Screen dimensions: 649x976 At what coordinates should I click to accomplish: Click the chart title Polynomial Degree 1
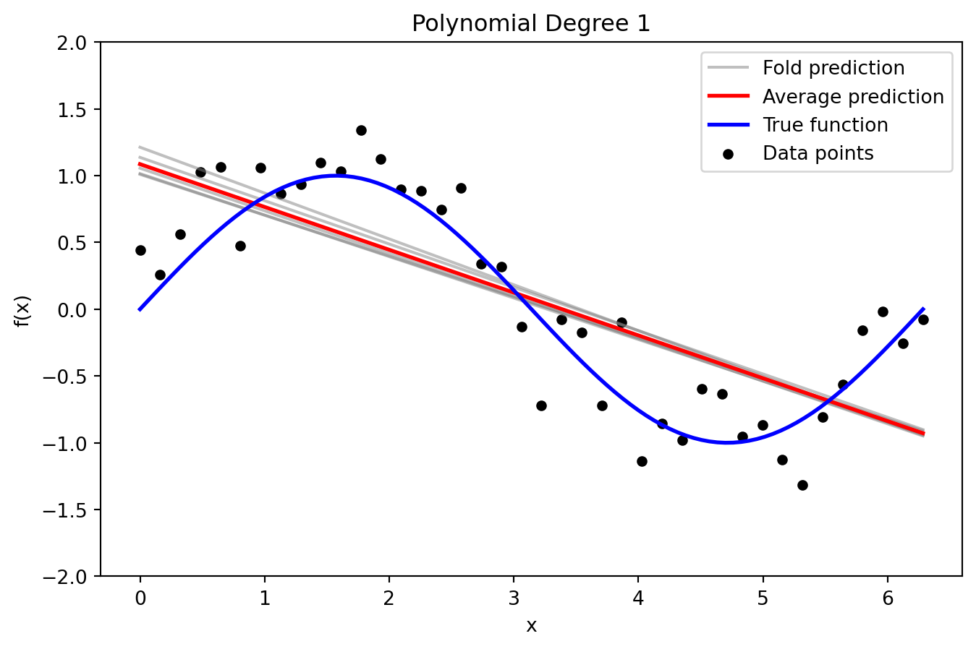click(531, 24)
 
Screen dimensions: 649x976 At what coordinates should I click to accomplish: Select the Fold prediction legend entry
click(833, 68)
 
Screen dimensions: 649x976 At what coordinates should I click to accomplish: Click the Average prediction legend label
click(853, 97)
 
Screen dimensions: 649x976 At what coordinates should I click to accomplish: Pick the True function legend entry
click(825, 125)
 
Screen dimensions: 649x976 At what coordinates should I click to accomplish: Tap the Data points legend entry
click(818, 153)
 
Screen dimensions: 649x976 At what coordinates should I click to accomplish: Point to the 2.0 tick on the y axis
click(75, 43)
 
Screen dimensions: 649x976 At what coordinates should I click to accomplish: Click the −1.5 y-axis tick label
click(70, 510)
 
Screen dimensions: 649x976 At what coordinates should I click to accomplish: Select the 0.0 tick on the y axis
click(75, 310)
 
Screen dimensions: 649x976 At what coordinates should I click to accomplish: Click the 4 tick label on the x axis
click(638, 598)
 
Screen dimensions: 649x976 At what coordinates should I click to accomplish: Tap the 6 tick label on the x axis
click(887, 598)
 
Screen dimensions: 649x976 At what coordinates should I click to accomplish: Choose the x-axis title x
click(531, 626)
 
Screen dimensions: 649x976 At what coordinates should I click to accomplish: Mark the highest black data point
click(361, 131)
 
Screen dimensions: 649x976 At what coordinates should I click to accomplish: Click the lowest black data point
click(802, 485)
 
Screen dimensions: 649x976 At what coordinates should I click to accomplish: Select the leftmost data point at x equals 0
click(140, 250)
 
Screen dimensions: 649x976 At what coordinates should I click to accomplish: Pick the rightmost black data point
click(923, 319)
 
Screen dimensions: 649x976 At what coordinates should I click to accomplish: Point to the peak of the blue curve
click(336, 176)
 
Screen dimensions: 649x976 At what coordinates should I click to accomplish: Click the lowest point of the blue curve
click(727, 442)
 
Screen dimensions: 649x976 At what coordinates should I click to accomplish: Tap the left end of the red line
click(140, 164)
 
